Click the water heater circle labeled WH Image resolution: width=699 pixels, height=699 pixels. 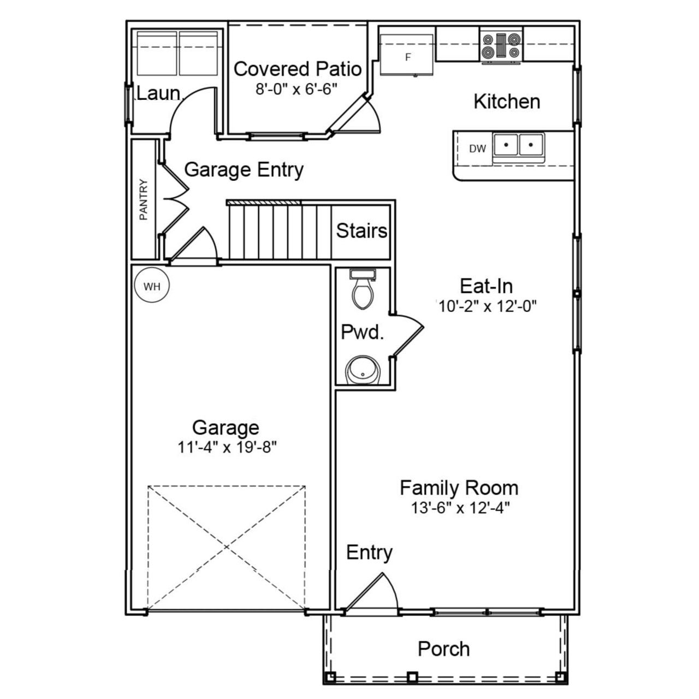(x=152, y=286)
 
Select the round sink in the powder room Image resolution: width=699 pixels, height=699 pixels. (x=360, y=371)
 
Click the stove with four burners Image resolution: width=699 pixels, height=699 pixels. (x=501, y=46)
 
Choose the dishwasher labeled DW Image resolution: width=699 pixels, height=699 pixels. (x=477, y=149)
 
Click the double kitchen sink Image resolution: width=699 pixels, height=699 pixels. (x=518, y=146)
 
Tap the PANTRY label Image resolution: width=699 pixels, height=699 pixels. (x=144, y=200)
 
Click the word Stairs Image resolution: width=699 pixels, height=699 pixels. (x=362, y=230)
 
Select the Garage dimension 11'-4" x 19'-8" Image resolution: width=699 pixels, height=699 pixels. (x=227, y=448)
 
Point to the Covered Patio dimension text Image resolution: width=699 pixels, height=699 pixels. (x=298, y=89)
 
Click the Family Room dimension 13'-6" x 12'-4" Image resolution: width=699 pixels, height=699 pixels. (x=460, y=508)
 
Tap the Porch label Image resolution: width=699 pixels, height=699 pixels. (x=443, y=649)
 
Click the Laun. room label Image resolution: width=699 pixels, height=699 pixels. (x=158, y=93)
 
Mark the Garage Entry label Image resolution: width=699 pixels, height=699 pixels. (x=244, y=170)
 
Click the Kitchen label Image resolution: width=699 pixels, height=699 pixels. (x=507, y=102)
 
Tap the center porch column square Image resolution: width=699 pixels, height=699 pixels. (x=413, y=677)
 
